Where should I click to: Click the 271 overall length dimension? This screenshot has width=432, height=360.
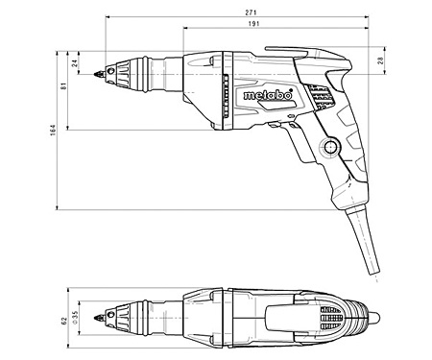(x=252, y=12)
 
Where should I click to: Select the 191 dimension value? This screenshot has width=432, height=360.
(x=253, y=24)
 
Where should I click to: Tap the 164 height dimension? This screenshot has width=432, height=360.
(x=53, y=130)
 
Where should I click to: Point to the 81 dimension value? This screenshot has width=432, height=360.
(x=63, y=85)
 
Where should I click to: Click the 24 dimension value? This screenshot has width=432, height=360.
(x=75, y=62)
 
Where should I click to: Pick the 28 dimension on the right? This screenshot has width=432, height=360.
(x=380, y=60)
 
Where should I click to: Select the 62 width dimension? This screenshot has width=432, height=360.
(x=63, y=321)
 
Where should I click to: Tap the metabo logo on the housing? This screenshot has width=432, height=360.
(x=268, y=95)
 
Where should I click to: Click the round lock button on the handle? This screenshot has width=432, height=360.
(x=330, y=147)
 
